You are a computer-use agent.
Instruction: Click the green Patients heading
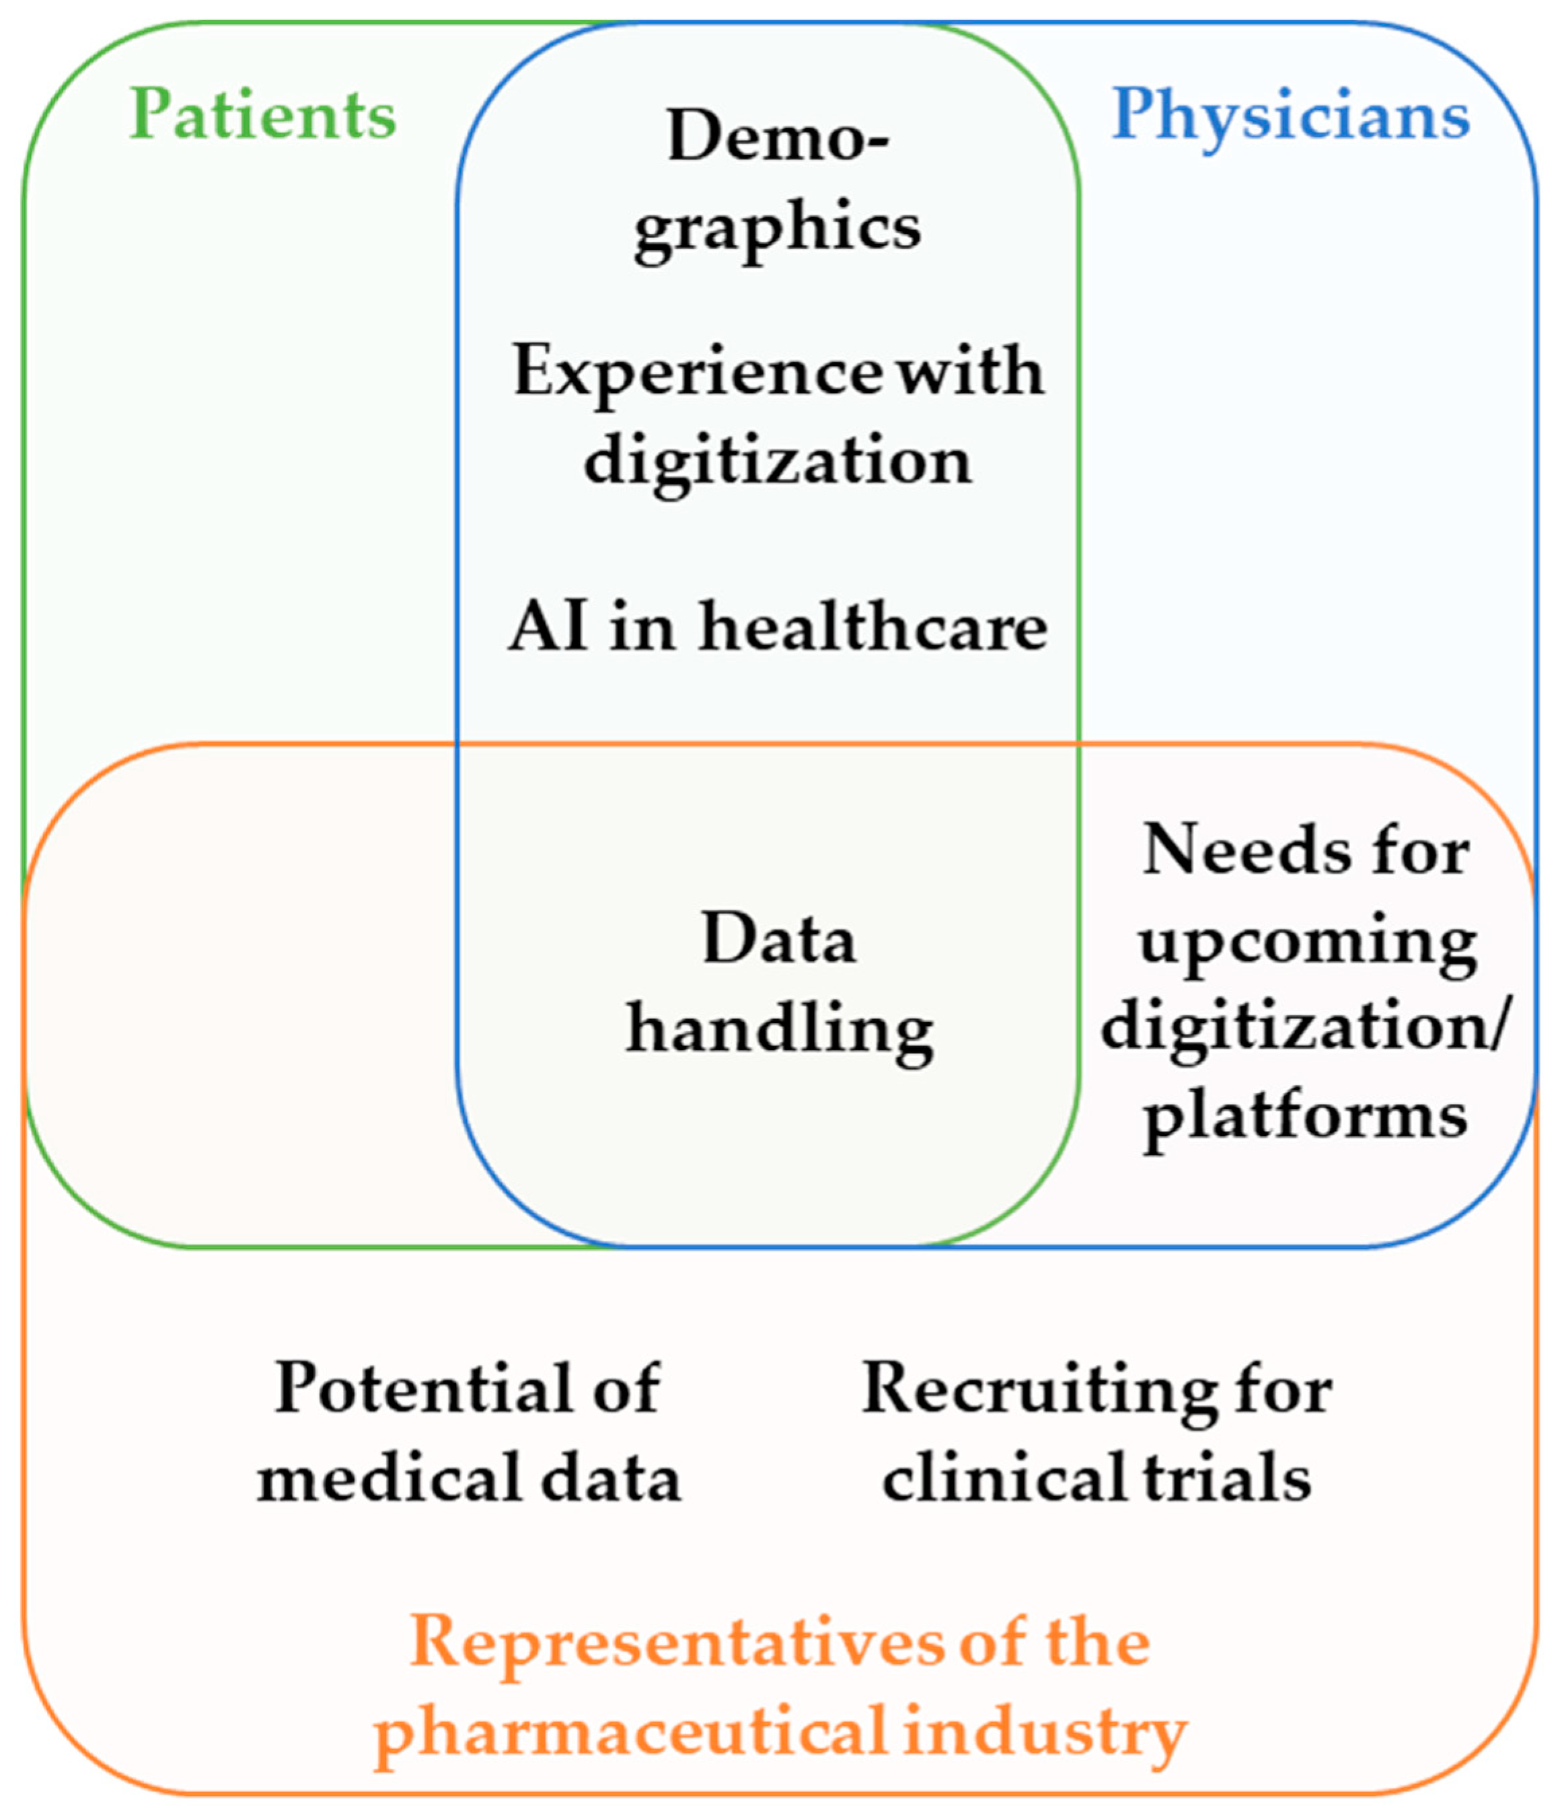point(263,115)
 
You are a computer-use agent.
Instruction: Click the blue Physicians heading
point(1290,115)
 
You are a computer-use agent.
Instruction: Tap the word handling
point(778,1029)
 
